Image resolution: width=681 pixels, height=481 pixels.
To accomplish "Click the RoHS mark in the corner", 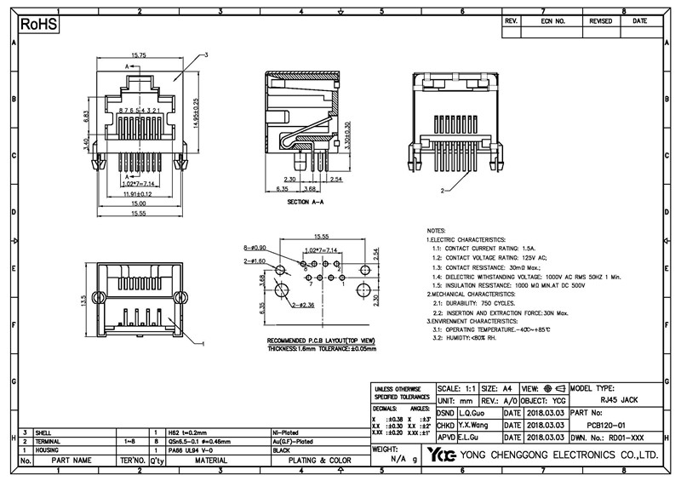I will click(x=38, y=26).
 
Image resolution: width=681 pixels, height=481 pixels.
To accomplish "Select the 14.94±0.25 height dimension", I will click(x=195, y=112).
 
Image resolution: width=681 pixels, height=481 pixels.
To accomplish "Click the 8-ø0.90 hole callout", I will click(x=255, y=246).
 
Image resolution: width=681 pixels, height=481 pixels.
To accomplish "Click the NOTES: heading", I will click(x=435, y=232).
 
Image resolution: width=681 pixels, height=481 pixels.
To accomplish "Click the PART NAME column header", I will click(x=71, y=461).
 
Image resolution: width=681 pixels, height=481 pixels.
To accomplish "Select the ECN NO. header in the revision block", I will click(x=553, y=20).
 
